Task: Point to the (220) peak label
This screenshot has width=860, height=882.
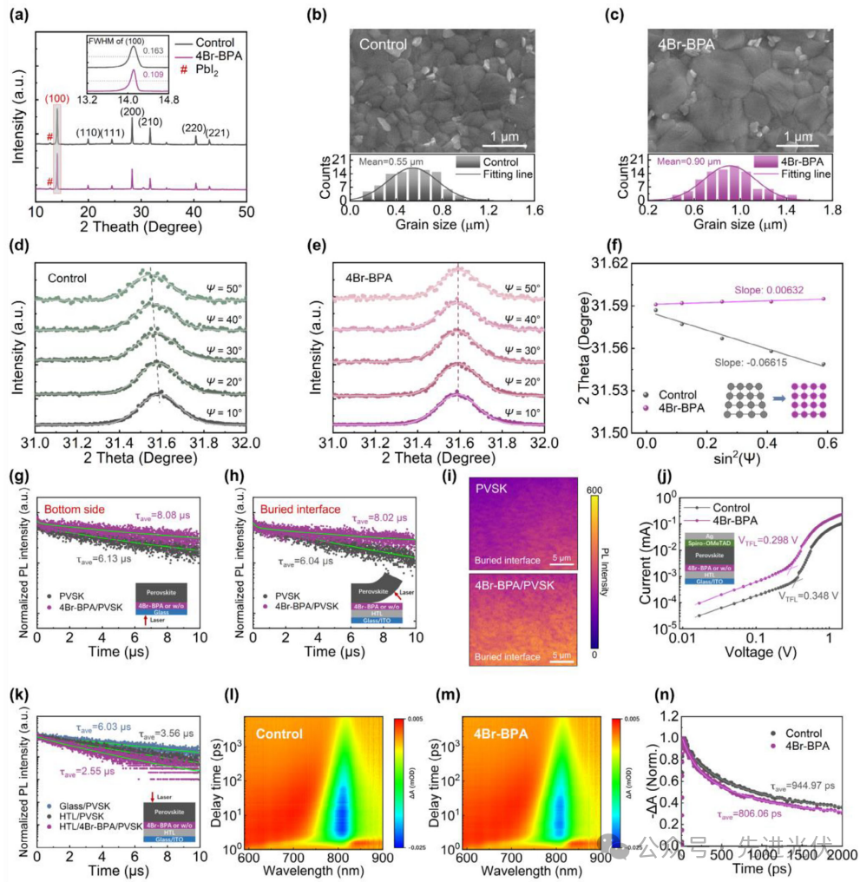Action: coord(193,128)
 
